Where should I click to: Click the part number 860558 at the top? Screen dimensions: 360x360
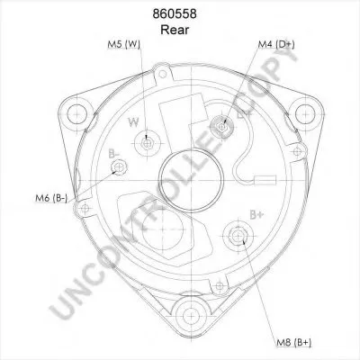175,14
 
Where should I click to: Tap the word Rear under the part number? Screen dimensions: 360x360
175,30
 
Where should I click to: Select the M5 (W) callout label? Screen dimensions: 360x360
124,44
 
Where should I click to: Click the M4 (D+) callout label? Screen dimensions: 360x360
276,44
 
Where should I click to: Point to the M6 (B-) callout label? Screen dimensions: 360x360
51,198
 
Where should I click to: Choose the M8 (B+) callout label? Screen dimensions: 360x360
293,342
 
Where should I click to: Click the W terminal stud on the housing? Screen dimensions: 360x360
147,144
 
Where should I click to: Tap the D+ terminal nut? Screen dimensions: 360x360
222,127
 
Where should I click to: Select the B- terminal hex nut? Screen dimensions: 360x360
119,167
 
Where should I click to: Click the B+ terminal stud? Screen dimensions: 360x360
238,236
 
